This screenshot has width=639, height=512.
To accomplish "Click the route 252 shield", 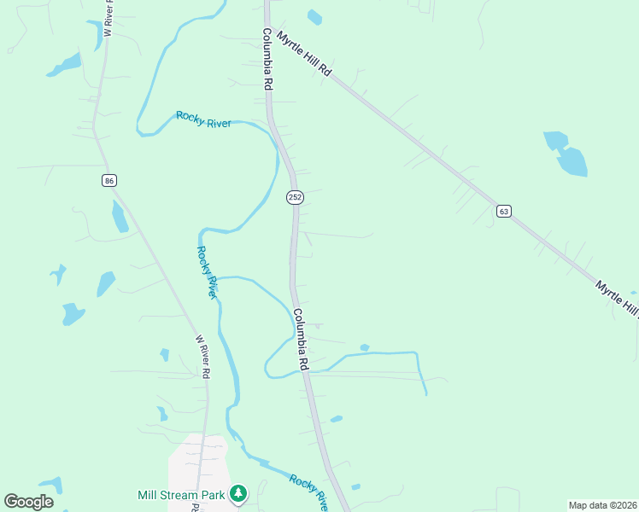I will [295, 197].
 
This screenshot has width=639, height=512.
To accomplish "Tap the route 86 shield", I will [108, 180].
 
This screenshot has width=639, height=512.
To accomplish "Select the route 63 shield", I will [504, 211].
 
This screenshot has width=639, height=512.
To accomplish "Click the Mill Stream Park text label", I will [181, 494].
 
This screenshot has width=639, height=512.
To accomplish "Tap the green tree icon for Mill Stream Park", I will [238, 493].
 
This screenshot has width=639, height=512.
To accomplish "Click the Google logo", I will [28, 502].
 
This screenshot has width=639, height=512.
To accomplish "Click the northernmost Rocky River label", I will [203, 119].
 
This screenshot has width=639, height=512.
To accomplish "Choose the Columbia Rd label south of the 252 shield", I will [300, 339].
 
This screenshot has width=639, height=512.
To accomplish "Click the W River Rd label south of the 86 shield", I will [202, 357].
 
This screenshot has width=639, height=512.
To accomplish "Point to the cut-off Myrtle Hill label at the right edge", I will [617, 298].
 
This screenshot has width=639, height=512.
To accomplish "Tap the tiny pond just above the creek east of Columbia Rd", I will [365, 347].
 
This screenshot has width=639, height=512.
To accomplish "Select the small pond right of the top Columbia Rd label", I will [314, 16].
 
